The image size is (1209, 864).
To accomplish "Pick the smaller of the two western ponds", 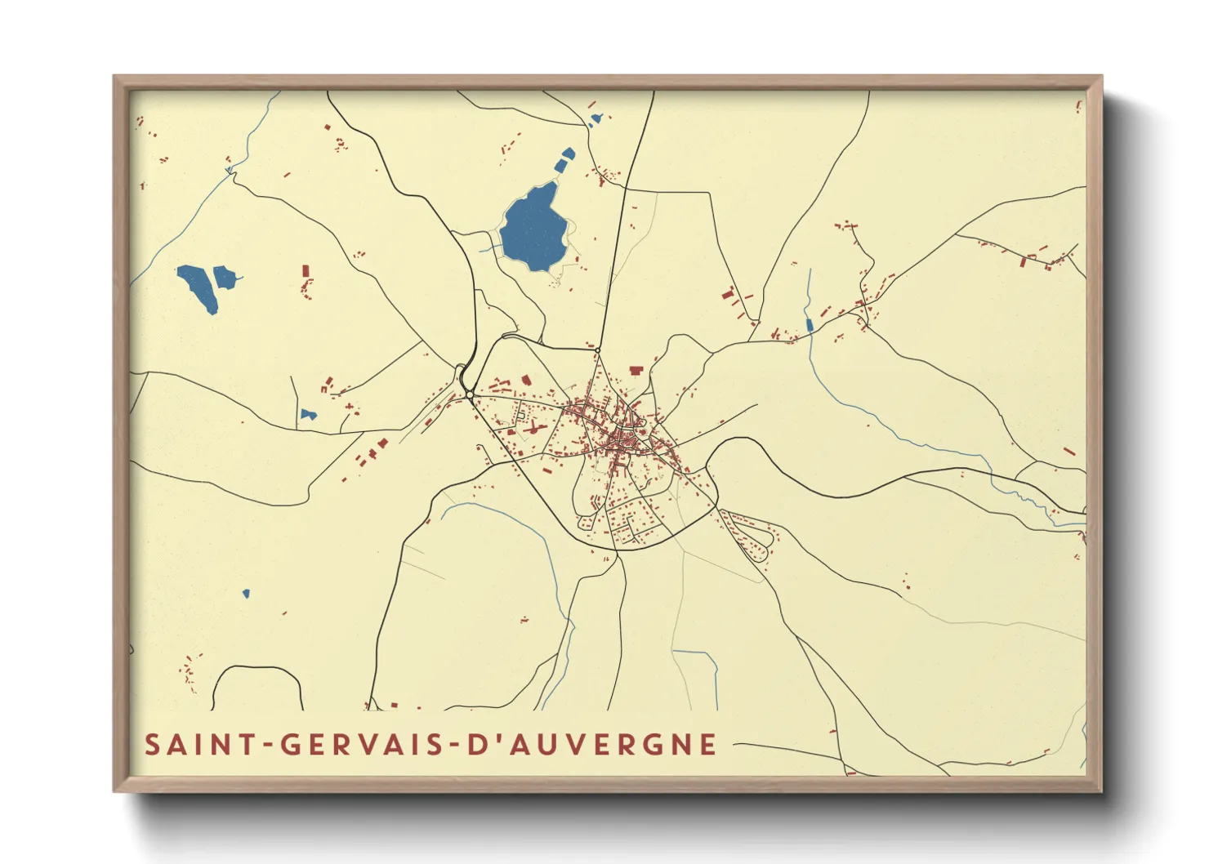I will point(224,277).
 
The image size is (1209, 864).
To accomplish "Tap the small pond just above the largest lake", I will point(564,158).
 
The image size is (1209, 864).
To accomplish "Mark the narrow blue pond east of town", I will point(810,325).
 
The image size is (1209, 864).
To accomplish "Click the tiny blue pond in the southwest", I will point(246,594).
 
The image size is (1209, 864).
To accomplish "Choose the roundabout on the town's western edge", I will point(470,395).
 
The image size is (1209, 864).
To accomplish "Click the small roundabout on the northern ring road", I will point(597,350).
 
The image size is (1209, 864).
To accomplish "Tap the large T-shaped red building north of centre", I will point(636,371).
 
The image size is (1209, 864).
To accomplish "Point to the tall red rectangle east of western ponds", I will point(306,270).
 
